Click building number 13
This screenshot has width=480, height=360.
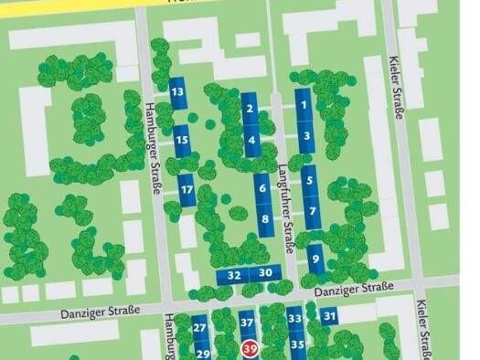click(x=177, y=93)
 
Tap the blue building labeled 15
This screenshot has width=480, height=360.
click(x=182, y=140)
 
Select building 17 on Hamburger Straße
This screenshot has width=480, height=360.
click(x=187, y=190)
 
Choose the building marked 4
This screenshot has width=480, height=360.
click(x=252, y=141)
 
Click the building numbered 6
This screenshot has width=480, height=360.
click(x=262, y=189)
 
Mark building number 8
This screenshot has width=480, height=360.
click(x=265, y=219)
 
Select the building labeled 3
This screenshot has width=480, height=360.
click(x=306, y=137)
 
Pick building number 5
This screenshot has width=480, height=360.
click(x=310, y=181)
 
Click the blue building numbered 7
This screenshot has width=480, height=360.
click(x=313, y=212)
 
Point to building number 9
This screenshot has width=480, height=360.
click(x=316, y=259)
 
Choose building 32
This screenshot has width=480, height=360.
click(x=234, y=274)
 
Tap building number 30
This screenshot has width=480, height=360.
click(x=265, y=273)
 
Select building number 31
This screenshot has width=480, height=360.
click(x=329, y=316)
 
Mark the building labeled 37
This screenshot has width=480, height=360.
click(x=246, y=323)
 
